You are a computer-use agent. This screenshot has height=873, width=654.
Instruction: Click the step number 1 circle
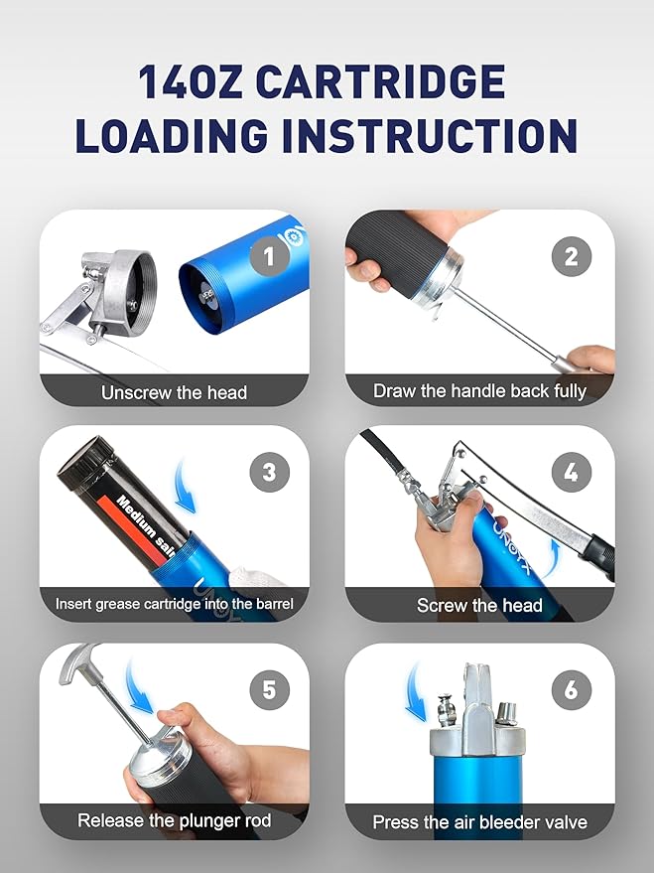(269, 258)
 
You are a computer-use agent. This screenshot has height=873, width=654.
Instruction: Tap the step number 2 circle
(571, 258)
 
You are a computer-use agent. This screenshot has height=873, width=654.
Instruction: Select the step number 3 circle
(269, 473)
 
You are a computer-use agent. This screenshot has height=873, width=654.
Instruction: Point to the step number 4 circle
(571, 473)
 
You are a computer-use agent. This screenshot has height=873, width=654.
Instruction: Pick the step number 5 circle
(269, 688)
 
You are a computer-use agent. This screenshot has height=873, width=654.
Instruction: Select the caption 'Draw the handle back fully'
(479, 391)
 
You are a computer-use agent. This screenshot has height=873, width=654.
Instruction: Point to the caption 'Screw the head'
(479, 605)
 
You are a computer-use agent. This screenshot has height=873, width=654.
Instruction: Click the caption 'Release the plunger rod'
(174, 820)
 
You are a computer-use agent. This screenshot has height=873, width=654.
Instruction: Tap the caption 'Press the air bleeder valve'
(479, 822)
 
